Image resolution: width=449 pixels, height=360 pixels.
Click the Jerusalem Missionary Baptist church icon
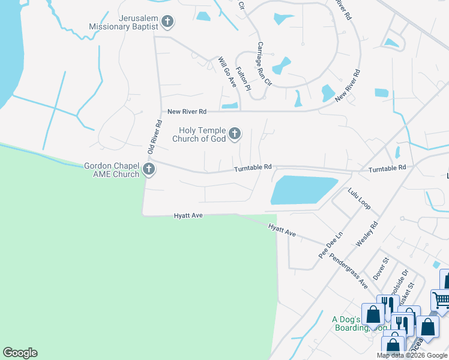167,22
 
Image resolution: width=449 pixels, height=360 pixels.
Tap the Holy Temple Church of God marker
235,134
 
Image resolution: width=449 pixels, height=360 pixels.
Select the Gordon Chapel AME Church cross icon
149,170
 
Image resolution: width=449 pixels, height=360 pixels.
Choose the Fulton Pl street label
243,79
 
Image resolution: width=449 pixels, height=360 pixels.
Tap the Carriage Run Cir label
264,64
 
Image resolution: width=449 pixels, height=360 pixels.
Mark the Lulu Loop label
359,199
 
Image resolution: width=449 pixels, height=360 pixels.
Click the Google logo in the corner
20,353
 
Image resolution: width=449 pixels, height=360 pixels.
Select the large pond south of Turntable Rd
303,190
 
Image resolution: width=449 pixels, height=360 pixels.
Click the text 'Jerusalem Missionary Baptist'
123,22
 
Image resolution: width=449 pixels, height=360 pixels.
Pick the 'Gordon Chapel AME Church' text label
112,170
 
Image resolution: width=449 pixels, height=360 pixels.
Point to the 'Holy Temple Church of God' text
199,134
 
